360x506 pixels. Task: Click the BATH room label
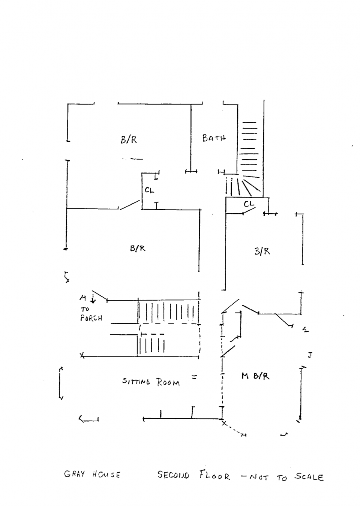pos(214,138)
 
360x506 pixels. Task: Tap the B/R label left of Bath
pos(129,139)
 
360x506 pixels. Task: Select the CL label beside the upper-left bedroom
pos(149,190)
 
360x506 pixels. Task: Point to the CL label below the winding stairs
pos(249,204)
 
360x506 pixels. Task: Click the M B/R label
pos(255,376)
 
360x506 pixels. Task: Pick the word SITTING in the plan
pos(136,382)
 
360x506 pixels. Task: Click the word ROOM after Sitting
pos(168,383)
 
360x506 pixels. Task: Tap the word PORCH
pos(91,318)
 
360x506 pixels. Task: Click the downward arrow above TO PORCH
pos(93,299)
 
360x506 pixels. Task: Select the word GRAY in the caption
pos(75,474)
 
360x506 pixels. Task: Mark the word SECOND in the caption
pos(173,475)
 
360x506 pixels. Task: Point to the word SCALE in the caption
pos(309,477)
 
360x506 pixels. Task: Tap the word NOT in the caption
pos(259,477)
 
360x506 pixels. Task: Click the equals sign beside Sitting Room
pos(194,377)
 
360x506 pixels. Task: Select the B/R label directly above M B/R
pos(262,251)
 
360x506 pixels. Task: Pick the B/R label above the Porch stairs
pos(138,248)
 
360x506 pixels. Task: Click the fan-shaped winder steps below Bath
pos(243,185)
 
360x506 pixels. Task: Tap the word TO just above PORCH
pos(85,310)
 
